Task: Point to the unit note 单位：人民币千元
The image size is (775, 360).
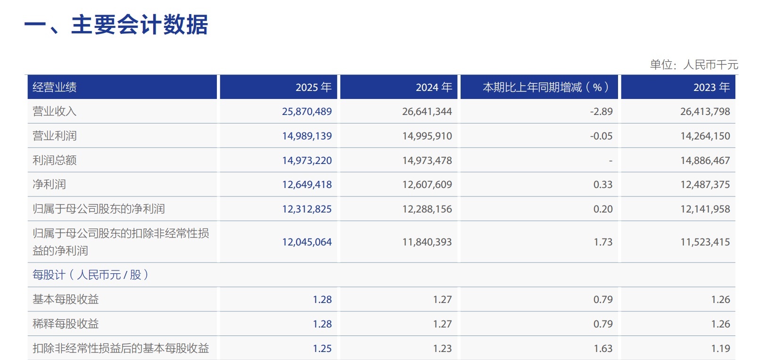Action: pos(694,65)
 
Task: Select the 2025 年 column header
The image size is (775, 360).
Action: pos(313,87)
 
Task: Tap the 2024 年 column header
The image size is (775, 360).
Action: pos(434,87)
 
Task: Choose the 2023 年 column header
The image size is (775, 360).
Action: pos(712,87)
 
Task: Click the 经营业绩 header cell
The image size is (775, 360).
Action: pos(54,87)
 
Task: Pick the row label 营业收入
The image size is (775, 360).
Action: pos(54,111)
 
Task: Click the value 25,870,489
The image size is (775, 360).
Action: pos(307,111)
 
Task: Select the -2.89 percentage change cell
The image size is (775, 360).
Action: pos(602,111)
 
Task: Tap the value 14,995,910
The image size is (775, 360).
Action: pos(427,136)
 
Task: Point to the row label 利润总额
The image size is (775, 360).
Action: pos(54,160)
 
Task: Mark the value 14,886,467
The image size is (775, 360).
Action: pos(705,161)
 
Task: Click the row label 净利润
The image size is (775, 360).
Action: pos(49,184)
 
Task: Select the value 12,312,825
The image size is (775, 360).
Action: pos(307,209)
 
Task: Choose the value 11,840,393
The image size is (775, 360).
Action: pos(427,242)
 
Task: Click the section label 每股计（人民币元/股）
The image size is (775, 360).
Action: pos(91,275)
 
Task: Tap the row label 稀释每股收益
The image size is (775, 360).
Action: pos(66,324)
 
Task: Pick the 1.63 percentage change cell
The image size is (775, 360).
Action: pos(603,348)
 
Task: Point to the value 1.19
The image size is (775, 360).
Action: pos(720,348)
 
